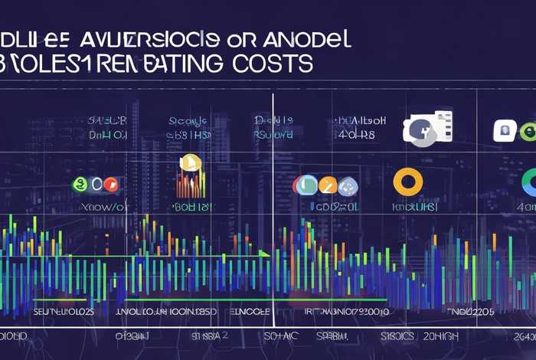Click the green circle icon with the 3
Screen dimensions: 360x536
point(77,185)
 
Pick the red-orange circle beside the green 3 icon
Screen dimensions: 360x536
point(111,185)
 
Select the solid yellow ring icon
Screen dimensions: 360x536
point(407,182)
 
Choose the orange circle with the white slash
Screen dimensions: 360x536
point(327,185)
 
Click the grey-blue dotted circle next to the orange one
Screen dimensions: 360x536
point(348,185)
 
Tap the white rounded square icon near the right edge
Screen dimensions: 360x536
point(504,129)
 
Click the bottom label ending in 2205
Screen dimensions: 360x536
point(473,313)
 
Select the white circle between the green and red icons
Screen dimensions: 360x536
point(94,185)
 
